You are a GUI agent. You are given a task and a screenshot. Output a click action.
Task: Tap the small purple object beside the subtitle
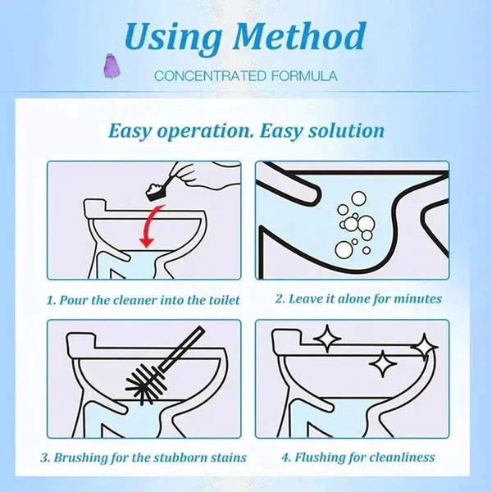[130, 65]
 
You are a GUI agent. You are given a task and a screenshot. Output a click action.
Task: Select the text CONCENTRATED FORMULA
[246, 76]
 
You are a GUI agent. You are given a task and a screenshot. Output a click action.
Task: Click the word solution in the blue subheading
[344, 130]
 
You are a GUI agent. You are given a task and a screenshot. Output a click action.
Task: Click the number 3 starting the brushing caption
[47, 458]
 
